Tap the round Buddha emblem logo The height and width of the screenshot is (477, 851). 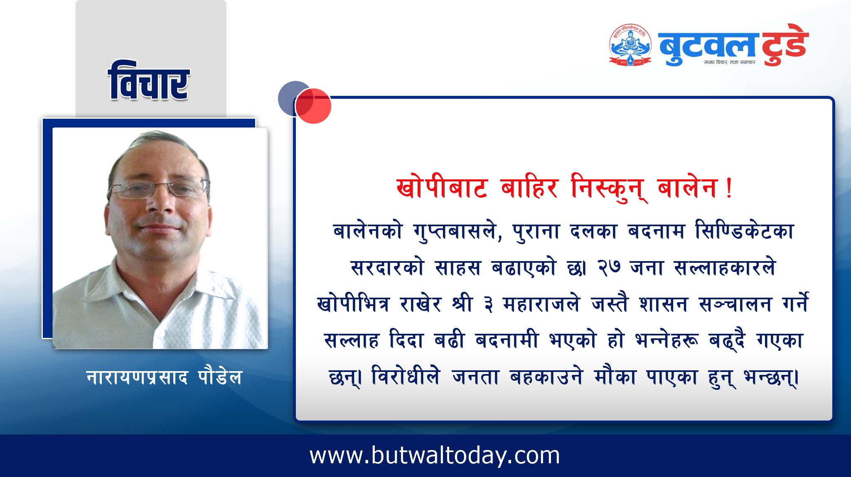(630, 45)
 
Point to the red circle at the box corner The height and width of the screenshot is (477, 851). (314, 106)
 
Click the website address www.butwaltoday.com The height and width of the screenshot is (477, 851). (435, 455)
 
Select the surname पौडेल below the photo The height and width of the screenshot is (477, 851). (218, 377)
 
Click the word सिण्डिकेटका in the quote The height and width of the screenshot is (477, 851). (744, 231)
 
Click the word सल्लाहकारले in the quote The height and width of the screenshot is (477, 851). (725, 268)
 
